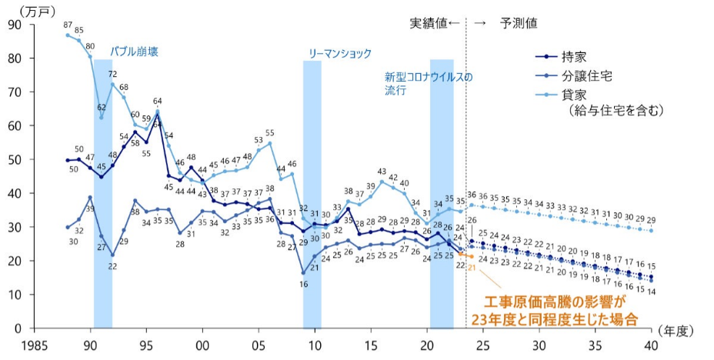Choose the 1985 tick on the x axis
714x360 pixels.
tap(35, 344)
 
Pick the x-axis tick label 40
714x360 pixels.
tap(652, 344)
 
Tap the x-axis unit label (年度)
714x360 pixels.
tap(678, 331)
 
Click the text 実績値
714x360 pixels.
tap(429, 23)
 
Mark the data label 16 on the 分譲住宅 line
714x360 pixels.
tap(303, 284)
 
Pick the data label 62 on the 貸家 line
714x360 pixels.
tap(102, 107)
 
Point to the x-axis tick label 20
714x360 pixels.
tap(427, 344)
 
